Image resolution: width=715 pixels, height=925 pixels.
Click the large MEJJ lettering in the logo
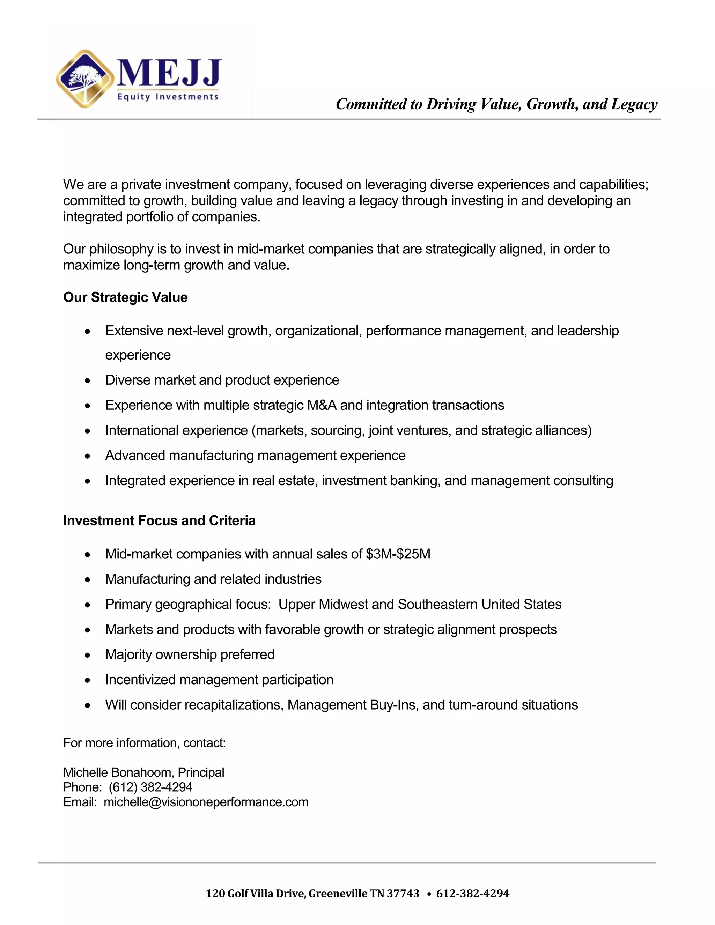[x=169, y=73]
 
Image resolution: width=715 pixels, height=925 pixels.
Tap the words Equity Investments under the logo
[x=168, y=97]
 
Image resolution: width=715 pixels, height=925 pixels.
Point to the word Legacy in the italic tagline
[x=634, y=104]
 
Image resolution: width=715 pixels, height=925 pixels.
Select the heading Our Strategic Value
[x=125, y=297]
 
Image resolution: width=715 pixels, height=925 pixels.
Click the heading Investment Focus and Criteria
[x=159, y=520]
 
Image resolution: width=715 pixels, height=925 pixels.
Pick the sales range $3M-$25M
[x=398, y=554]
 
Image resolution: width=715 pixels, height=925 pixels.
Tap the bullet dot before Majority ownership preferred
[x=87, y=655]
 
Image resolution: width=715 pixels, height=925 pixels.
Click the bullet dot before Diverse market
[x=87, y=381]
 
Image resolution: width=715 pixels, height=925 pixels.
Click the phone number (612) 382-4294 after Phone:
[x=150, y=787]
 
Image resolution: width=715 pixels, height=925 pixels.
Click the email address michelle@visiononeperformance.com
[x=206, y=802]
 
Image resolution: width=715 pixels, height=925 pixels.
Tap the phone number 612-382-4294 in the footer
[x=473, y=894]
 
